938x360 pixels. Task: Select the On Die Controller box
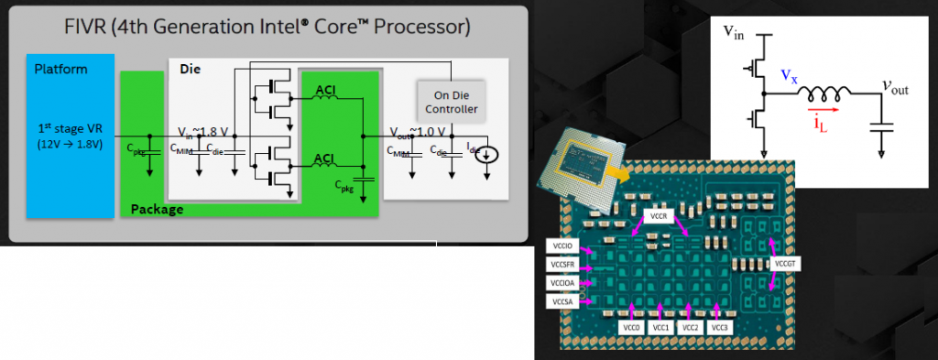pyautogui.click(x=449, y=101)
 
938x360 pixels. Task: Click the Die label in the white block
pyautogui.click(x=191, y=69)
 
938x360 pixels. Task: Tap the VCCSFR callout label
pyautogui.click(x=562, y=265)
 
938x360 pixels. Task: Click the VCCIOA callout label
pyautogui.click(x=562, y=283)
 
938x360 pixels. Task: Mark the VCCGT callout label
pyautogui.click(x=788, y=264)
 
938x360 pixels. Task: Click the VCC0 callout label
pyautogui.click(x=631, y=327)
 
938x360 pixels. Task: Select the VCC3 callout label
pyautogui.click(x=721, y=327)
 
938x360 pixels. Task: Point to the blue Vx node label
pyautogui.click(x=789, y=77)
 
